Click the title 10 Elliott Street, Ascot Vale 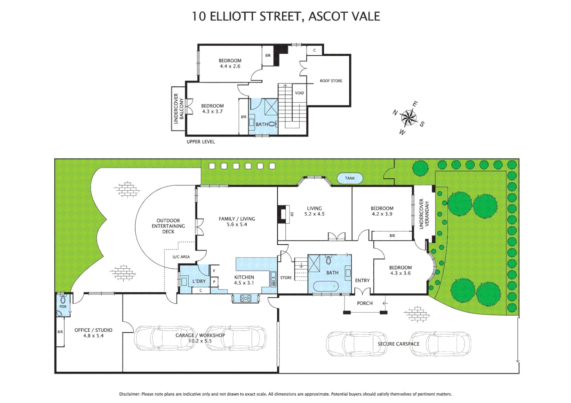285,16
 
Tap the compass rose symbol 408,118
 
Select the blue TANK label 350,178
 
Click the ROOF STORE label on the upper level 331,81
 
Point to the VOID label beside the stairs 299,93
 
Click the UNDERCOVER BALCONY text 179,109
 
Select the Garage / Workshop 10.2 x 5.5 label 200,338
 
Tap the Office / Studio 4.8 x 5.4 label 93,333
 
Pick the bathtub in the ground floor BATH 326,287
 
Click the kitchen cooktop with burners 246,298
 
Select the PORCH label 364,303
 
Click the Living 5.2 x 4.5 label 314,211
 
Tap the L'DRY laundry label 199,281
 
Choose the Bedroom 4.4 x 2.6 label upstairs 230,63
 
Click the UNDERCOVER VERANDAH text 424,214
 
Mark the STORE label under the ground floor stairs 286,278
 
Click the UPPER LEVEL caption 201,142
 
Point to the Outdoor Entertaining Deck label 168,226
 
